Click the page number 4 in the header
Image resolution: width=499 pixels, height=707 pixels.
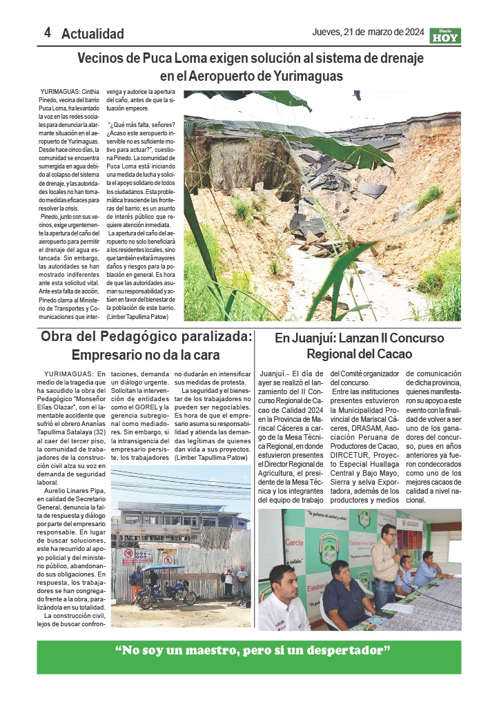tap(48, 32)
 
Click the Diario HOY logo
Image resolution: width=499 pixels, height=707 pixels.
tap(444, 36)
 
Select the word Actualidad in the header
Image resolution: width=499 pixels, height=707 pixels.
tap(92, 34)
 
